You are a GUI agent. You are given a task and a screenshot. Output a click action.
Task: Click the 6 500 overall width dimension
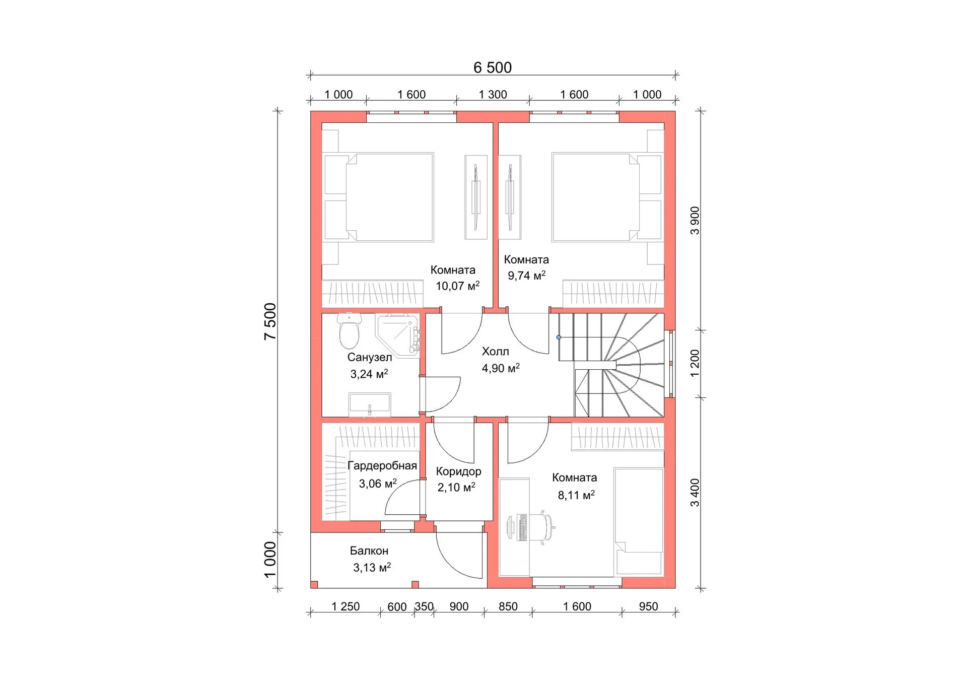tap(492, 67)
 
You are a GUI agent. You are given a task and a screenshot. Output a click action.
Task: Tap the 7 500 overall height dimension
tap(270, 321)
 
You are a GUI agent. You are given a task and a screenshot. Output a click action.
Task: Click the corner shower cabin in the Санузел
tap(398, 335)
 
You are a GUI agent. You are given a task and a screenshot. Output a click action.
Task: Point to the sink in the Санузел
tap(370, 405)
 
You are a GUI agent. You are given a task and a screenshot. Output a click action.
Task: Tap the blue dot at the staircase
tap(559, 337)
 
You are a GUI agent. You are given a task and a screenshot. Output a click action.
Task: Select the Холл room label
tap(495, 352)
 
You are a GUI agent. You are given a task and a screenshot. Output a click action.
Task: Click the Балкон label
tap(369, 551)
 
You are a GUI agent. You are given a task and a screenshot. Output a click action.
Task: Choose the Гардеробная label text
tap(382, 466)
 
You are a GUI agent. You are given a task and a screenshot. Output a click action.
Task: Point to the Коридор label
tap(458, 472)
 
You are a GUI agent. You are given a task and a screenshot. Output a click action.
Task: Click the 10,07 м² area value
tap(457, 286)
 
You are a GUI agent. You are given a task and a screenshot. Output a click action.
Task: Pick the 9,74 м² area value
tap(526, 276)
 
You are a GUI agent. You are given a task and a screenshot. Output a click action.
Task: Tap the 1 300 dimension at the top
tap(493, 95)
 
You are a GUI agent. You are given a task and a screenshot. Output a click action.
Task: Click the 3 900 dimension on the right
tap(695, 221)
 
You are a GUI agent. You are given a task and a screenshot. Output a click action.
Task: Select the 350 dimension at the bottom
tap(424, 606)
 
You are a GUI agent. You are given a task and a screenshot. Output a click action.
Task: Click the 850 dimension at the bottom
tap(508, 606)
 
